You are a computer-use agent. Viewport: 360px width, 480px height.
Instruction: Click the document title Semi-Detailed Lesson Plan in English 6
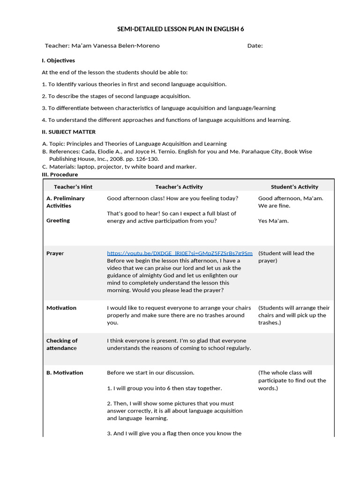coord(180,29)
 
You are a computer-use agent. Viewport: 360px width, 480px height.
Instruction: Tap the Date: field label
coord(255,45)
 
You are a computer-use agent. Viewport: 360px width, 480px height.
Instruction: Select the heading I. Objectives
coord(58,60)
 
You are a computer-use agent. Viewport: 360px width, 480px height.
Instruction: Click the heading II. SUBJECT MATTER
coord(68,132)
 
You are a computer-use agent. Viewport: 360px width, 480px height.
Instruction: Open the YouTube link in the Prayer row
coord(180,253)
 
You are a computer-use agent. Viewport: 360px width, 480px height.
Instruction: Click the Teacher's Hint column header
coord(73,187)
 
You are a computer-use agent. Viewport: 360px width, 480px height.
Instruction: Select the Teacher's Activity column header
coord(179,187)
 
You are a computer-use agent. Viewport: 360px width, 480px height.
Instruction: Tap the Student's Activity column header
coord(294,187)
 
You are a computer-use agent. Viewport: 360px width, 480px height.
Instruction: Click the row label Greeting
coord(58,220)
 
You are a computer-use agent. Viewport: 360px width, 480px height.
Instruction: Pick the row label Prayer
coord(55,253)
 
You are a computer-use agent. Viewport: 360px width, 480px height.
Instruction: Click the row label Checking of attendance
coord(62,344)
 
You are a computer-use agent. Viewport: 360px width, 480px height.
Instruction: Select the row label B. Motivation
coord(65,373)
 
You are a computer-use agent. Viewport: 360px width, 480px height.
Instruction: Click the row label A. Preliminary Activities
coord(65,202)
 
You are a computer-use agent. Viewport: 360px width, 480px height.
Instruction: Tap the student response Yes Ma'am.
coord(273,221)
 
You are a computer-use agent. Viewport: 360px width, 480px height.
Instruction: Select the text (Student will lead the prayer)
coord(286,257)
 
